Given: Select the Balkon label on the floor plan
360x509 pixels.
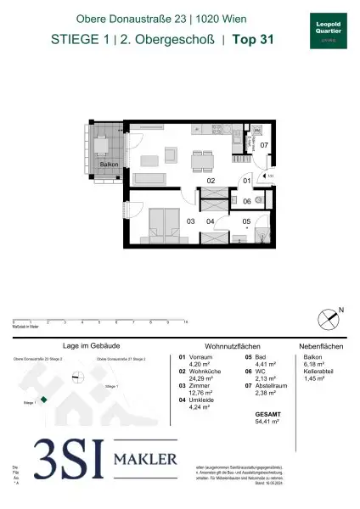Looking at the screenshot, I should pos(107,165).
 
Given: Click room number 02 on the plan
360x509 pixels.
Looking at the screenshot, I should pos(211,180).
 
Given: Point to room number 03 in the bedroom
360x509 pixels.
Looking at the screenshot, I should pos(191,221).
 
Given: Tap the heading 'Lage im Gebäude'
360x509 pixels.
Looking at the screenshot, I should pos(88,347).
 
